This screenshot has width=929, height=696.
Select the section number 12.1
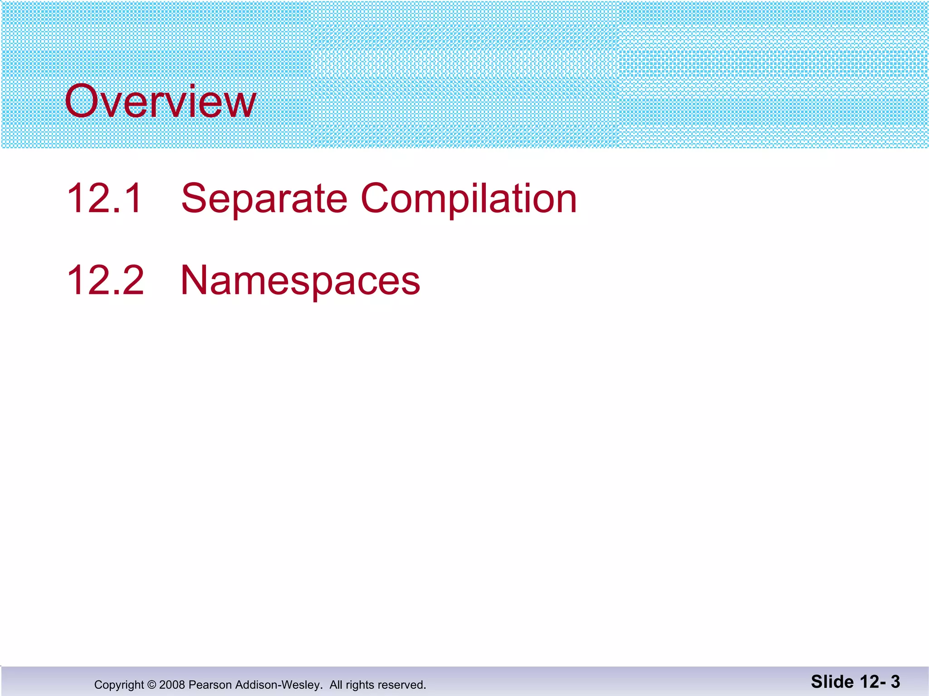pos(105,198)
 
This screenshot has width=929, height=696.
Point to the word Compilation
pos(469,199)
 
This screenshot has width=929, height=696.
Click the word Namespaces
pos(300,281)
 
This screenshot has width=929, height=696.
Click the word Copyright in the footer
pos(119,685)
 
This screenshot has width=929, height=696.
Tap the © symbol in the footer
pos(152,685)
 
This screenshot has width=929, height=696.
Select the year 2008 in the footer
pos(171,685)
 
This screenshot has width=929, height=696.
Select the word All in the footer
pos(336,685)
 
